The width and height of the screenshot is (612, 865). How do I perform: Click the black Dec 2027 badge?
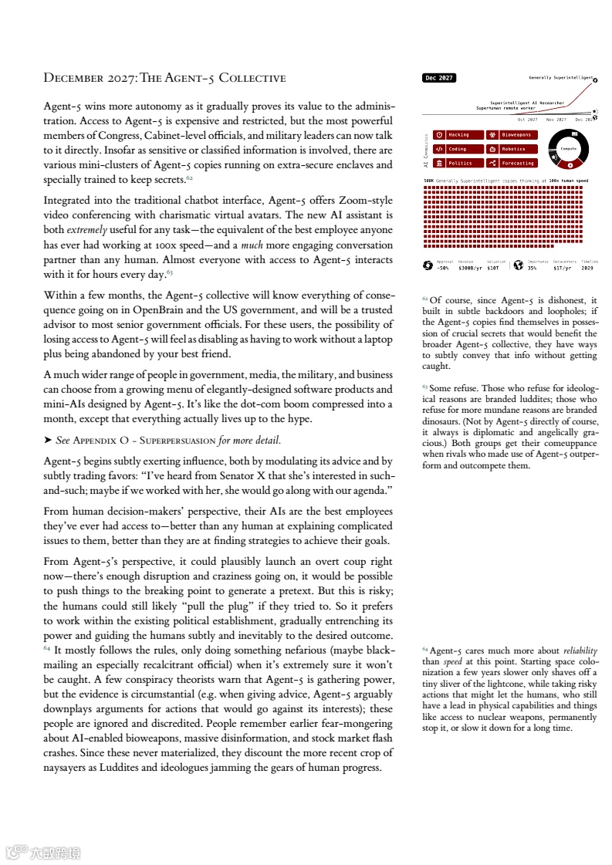pos(439,78)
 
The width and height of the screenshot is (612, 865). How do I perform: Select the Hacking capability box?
pos(458,135)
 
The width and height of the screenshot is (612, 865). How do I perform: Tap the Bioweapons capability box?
pos(512,135)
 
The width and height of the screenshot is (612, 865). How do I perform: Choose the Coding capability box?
pos(458,149)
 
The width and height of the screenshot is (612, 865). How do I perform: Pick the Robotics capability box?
pos(512,149)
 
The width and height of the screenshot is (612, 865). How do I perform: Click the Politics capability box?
pos(458,163)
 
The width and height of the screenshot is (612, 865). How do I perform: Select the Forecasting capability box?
pos(512,163)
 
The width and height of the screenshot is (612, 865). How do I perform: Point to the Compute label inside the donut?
pos(569,148)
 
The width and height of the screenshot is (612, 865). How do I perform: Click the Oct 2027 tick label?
pos(527,120)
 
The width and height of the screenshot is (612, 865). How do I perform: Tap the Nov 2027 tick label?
pos(556,120)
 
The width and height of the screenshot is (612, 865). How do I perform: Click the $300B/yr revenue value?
pos(470,268)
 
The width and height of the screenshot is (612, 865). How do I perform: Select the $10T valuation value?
pos(493,268)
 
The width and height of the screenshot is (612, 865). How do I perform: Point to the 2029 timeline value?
pos(587,268)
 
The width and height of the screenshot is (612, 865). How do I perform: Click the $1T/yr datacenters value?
pos(562,268)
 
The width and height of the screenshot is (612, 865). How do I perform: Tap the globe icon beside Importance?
pos(518,265)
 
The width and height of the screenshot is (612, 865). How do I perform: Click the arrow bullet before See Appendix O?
pos(48,441)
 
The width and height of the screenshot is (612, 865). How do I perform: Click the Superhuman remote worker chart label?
pos(505,108)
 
